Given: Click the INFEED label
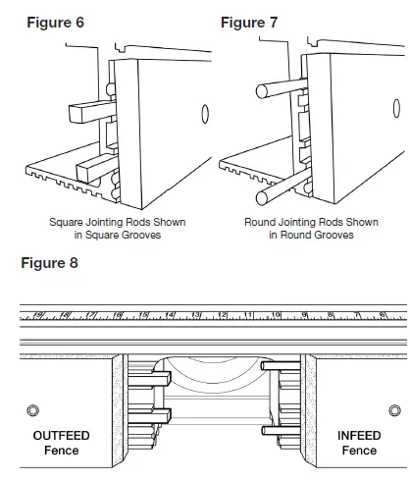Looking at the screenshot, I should click(x=359, y=435).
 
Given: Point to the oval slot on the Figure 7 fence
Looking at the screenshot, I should click(x=398, y=114).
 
